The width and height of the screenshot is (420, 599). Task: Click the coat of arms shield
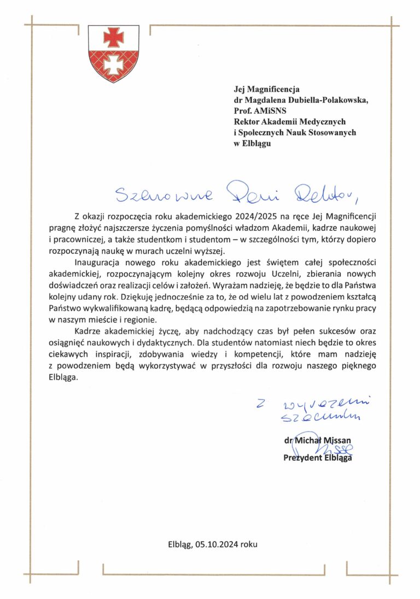pos(113,52)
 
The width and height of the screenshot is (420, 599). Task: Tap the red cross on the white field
pos(113,37)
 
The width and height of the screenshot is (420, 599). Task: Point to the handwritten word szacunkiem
pos(320,418)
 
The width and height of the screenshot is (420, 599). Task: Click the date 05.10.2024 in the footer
pos(216,544)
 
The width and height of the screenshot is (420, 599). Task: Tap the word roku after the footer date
pos(248,544)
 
